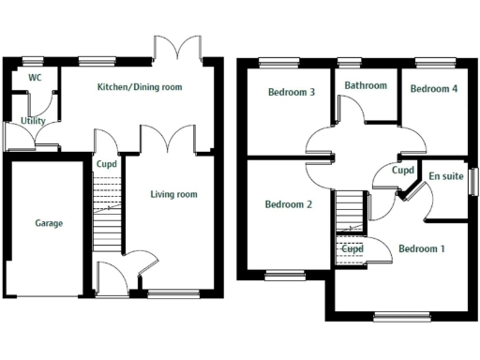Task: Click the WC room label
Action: point(35,78)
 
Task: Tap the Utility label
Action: point(34,121)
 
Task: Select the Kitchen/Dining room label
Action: point(140,87)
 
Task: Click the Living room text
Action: point(173,195)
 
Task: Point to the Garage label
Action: point(49,224)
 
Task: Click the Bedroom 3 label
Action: point(290,92)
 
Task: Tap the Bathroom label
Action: point(365,85)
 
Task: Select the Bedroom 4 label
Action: point(434,89)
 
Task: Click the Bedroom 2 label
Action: point(288,204)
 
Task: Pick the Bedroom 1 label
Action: point(422,249)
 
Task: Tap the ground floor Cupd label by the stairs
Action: point(107,164)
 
